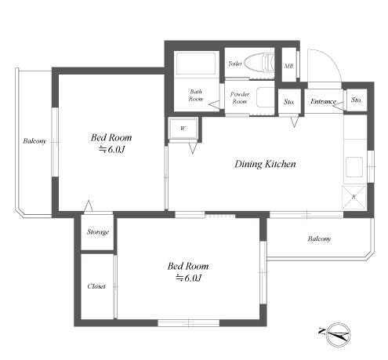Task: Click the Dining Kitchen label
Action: coord(265,164)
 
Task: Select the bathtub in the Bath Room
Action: coord(196,64)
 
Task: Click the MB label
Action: coord(288,66)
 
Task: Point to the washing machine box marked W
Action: coord(183,129)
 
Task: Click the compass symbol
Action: coord(338,334)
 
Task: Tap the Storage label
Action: coord(98,232)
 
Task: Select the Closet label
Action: coord(96,286)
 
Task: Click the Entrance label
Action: coord(323,101)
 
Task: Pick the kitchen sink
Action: coord(354,167)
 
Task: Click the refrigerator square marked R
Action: coord(354,198)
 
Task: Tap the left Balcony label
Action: coord(34,141)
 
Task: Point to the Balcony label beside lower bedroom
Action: coord(319,238)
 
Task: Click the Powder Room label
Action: coord(240,97)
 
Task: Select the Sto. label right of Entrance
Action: coord(356,100)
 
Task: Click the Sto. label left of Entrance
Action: coord(289,101)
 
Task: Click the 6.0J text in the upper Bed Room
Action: coord(112,150)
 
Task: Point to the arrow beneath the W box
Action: coord(193,147)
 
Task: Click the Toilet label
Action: coord(235,64)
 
